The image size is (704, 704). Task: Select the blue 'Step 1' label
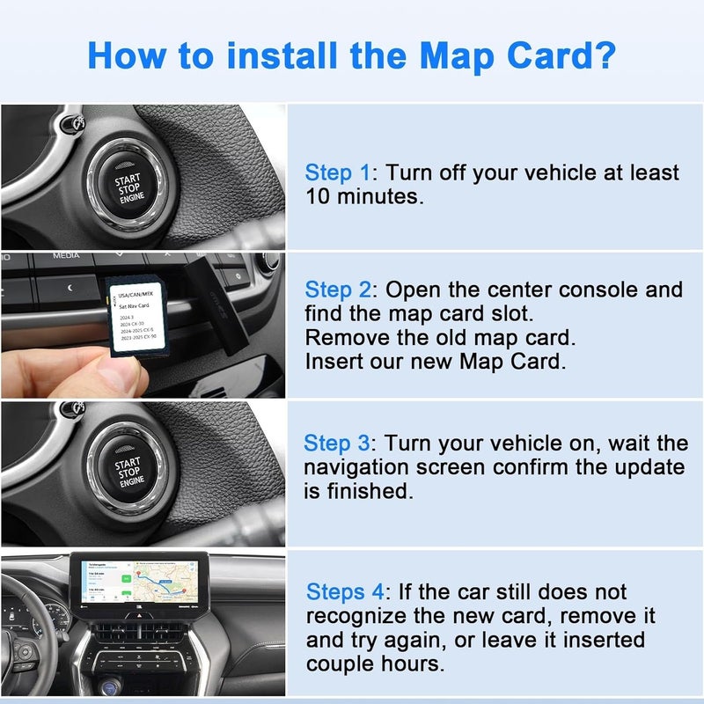tap(339, 172)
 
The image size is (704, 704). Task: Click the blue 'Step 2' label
tap(339, 290)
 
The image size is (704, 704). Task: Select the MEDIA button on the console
tap(66, 256)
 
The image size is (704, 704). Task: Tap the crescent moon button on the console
tap(236, 275)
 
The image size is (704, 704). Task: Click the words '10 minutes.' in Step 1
tap(364, 196)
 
